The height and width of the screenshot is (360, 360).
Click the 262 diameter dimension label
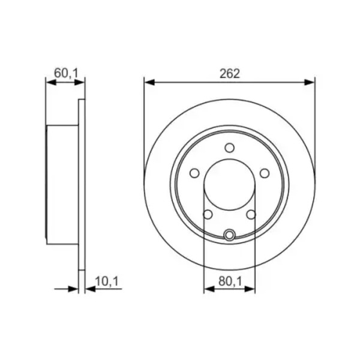point(229,74)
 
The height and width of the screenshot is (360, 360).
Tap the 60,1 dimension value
point(66,73)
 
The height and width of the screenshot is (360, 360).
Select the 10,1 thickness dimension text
point(107,281)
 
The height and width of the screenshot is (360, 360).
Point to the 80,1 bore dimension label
point(230,281)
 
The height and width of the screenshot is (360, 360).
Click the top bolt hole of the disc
point(229,148)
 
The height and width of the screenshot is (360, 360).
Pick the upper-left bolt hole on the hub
point(194,173)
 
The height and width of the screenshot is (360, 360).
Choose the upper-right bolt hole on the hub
point(265,173)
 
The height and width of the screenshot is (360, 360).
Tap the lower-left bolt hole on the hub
point(208,214)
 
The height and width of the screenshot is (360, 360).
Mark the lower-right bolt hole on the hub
point(251,214)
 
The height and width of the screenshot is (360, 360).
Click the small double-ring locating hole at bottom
point(229,235)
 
